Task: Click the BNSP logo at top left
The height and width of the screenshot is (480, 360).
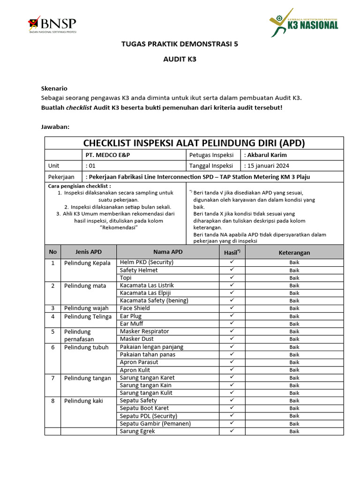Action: pos(52,24)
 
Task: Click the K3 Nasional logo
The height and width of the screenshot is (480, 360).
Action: pos(304,22)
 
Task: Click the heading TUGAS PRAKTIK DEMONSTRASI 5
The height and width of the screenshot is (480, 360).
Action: pos(180,45)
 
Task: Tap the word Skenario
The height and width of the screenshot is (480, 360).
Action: pos(54,88)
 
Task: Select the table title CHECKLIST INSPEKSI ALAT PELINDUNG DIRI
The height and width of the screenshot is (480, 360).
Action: pos(194,143)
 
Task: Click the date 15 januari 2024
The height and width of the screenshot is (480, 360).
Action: pos(268,166)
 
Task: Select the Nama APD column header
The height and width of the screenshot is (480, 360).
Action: pos(168,252)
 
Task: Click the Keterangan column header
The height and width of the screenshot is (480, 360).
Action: pos(294,253)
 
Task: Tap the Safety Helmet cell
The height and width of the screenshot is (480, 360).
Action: pos(139,270)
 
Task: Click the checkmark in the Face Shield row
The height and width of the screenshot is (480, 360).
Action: pos(232,308)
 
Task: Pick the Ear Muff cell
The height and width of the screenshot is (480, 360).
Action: pos(132,323)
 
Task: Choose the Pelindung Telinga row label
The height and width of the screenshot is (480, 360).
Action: pos(88,316)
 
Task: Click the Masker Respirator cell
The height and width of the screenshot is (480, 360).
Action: pos(144,331)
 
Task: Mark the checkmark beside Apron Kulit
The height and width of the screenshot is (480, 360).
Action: pos(232,370)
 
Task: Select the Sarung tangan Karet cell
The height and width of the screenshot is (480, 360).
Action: pos(147,378)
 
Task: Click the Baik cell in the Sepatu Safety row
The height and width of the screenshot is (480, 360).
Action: pos(294,401)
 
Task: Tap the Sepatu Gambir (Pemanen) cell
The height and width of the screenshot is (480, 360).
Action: pos(155,424)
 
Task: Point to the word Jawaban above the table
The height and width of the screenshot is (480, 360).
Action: pos(55,127)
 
